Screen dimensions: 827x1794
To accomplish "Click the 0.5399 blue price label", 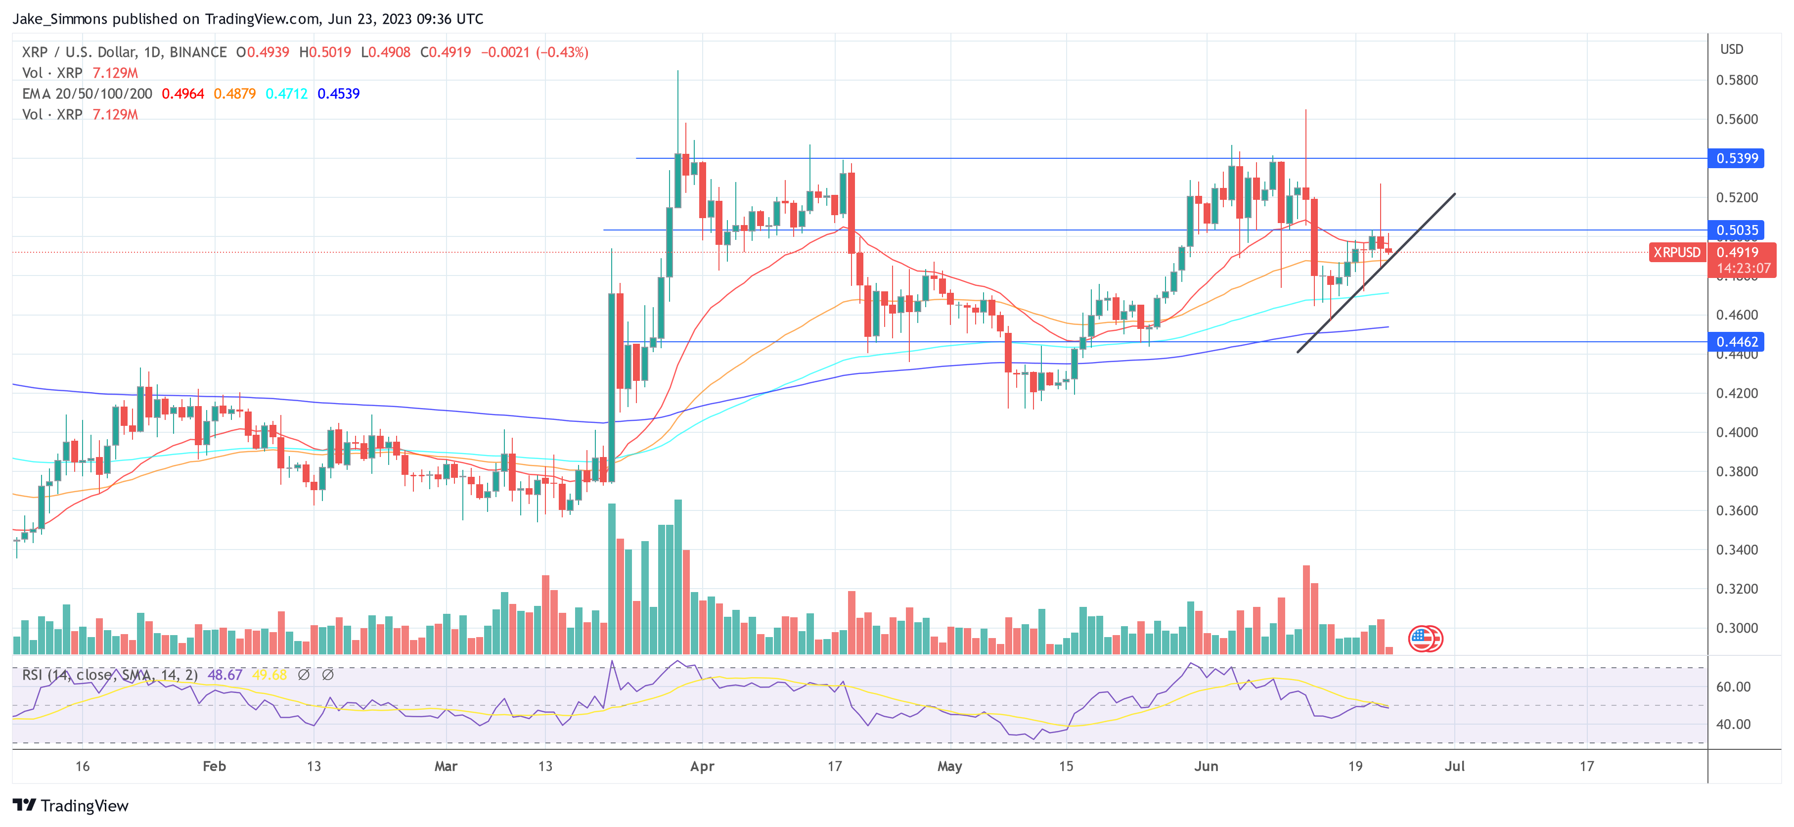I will (1737, 158).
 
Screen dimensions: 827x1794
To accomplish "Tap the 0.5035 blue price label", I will (1737, 230).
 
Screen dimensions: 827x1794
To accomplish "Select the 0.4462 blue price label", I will (1737, 341).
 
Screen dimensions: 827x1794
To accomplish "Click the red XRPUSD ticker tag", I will (1676, 252).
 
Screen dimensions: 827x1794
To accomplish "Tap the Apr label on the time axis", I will (702, 766).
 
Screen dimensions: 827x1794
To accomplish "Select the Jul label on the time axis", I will (1454, 766).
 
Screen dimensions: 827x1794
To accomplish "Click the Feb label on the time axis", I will (214, 766).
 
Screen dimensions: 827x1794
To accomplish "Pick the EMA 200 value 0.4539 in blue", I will (338, 93).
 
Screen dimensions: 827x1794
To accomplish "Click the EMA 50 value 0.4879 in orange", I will (235, 93).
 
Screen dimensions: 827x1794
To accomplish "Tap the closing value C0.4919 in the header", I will (446, 52).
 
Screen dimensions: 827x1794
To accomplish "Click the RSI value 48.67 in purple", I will (225, 675).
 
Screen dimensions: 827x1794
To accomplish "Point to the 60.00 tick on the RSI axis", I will (1733, 687).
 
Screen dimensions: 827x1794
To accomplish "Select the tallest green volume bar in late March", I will (677, 576).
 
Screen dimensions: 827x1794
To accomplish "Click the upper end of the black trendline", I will (1454, 194).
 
